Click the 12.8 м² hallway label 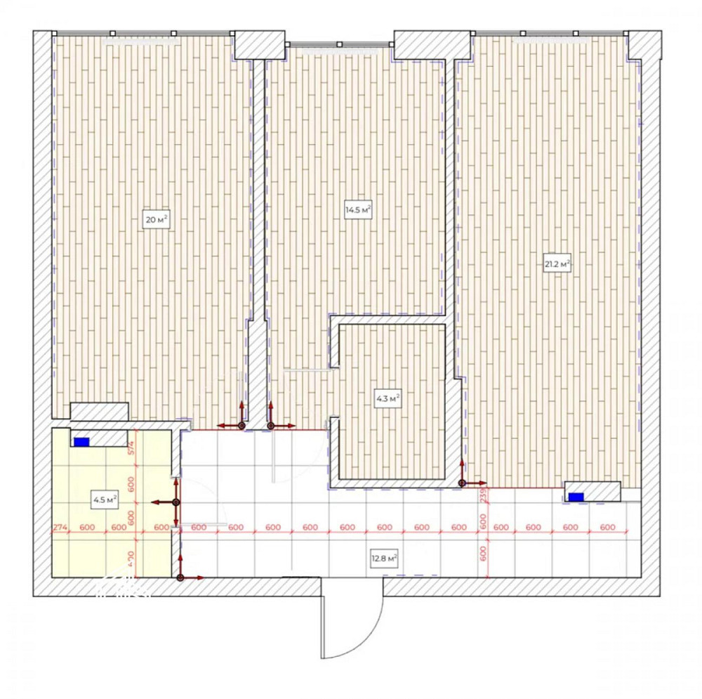click(385, 560)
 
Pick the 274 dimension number click(60, 528)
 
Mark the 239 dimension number click(483, 495)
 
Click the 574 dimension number click(131, 447)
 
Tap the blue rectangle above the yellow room click(82, 442)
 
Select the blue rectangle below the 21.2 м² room click(576, 497)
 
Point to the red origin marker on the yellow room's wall click(175, 502)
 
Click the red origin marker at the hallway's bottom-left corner click(180, 577)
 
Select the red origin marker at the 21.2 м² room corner click(462, 483)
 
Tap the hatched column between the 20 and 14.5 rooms click(258, 46)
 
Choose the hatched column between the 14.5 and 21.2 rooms click(431, 44)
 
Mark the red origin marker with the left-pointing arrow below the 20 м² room click(241, 425)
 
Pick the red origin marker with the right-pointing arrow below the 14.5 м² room click(271, 425)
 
